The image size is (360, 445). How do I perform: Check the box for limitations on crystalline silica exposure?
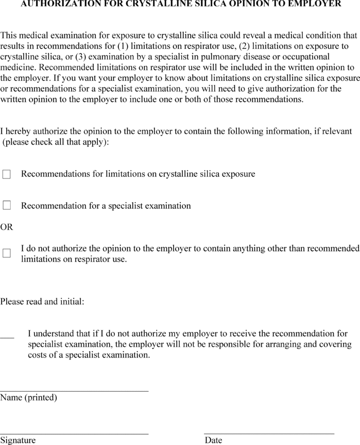(6, 174)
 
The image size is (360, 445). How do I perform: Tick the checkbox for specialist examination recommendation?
(6, 206)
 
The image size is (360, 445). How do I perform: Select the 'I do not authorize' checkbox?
(6, 253)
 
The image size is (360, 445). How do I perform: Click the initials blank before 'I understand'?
(7, 337)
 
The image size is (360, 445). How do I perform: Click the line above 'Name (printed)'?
(74, 391)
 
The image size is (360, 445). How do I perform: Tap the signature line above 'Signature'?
(74, 434)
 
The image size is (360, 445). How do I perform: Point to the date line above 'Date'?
(269, 434)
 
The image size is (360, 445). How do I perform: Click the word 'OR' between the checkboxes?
(7, 227)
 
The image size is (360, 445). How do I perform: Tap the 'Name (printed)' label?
(28, 398)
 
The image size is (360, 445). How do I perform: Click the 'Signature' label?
(18, 440)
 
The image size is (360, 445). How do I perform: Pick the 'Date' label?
(213, 440)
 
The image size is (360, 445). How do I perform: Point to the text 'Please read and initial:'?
(42, 301)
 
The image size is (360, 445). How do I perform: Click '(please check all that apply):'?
(56, 142)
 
